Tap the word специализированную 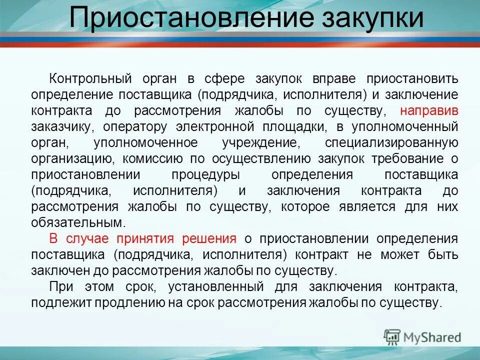point(391,142)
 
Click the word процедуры point(205,175)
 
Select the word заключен point(53,270)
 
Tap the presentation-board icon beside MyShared point(392,337)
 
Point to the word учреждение point(261,142)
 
